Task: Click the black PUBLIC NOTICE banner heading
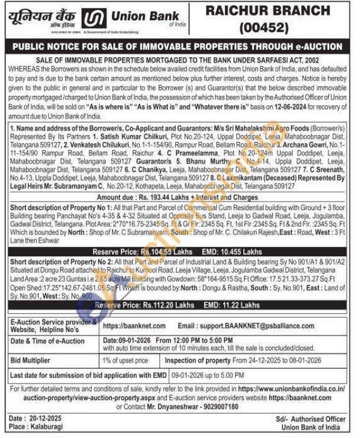(x=180, y=46)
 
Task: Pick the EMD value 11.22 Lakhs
(x=239, y=305)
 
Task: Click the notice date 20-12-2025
(x=46, y=418)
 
